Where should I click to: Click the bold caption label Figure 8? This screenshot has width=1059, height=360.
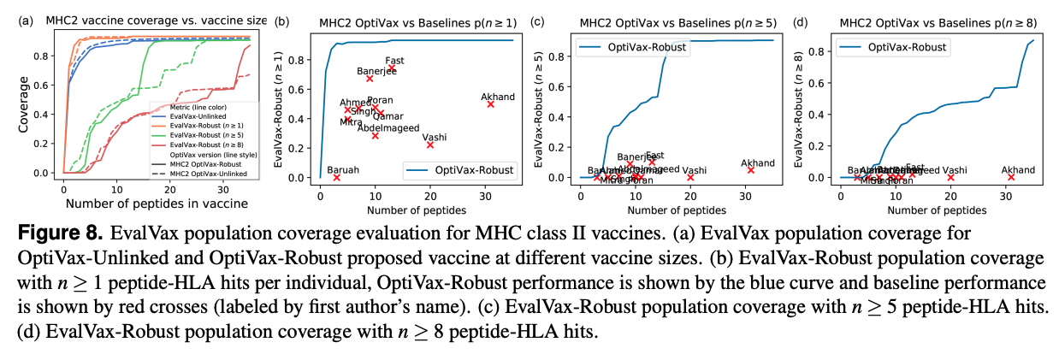pyautogui.click(x=54, y=233)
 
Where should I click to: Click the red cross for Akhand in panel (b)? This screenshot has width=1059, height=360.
pyautogui.click(x=490, y=104)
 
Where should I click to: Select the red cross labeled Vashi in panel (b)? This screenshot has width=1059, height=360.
pyautogui.click(x=430, y=145)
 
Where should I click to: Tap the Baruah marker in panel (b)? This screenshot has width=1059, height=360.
pyautogui.click(x=336, y=177)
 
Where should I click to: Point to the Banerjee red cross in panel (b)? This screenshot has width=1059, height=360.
pyautogui.click(x=370, y=78)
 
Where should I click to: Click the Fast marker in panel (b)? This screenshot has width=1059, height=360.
pyautogui.click(x=392, y=68)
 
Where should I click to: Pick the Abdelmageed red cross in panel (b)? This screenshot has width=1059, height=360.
pyautogui.click(x=375, y=135)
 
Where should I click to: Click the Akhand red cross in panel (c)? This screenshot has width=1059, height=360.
pyautogui.click(x=751, y=170)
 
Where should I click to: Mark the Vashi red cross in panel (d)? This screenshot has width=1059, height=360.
pyautogui.click(x=950, y=177)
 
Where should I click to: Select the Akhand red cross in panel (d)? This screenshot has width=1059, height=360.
pyautogui.click(x=1011, y=177)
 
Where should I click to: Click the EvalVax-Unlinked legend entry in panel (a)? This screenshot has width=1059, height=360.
pyautogui.click(x=196, y=115)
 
